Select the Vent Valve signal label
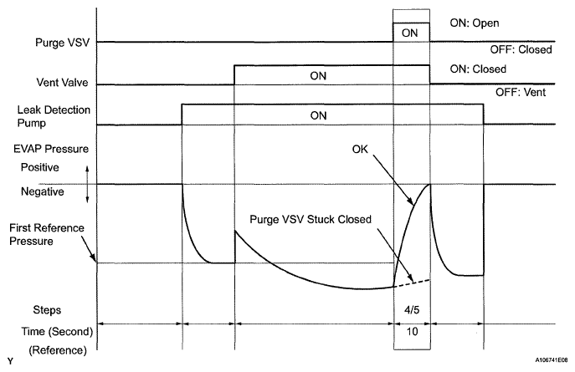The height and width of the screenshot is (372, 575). point(60,84)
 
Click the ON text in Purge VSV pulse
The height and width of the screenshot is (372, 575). point(410,33)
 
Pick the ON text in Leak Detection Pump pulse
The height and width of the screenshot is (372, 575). point(318,115)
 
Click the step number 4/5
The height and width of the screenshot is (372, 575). point(410,308)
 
